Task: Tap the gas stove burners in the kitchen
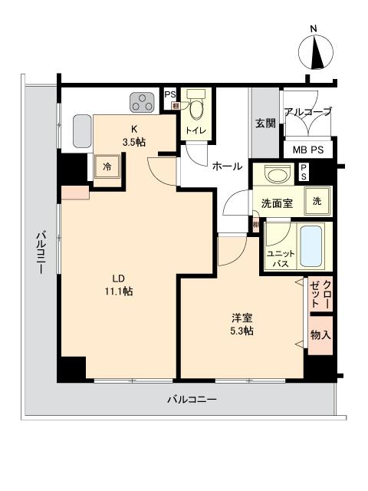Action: (x=142, y=101)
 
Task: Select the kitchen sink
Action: (x=82, y=131)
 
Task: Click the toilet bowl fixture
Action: (x=196, y=109)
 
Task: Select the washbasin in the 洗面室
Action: (x=275, y=175)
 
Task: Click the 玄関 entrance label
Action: (x=265, y=123)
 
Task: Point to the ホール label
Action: (x=227, y=166)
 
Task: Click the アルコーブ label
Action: (x=308, y=112)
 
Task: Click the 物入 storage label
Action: (x=321, y=334)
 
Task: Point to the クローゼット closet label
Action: (x=321, y=295)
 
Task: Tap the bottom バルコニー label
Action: (x=192, y=399)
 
